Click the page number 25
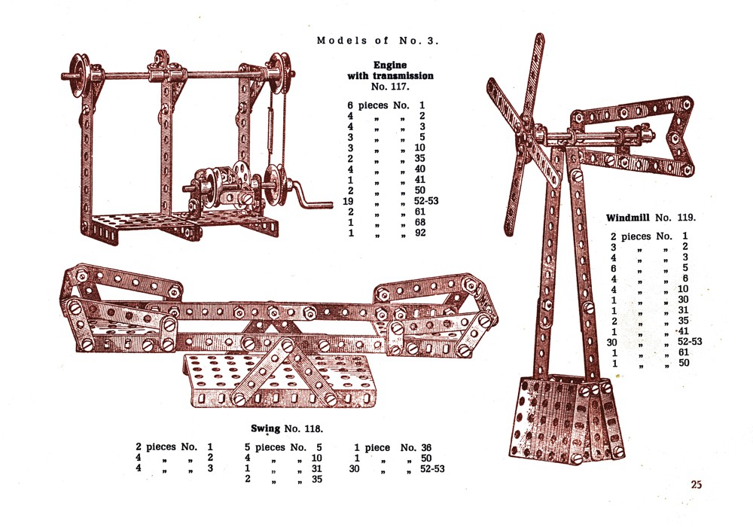tap(697, 484)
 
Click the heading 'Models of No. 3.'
tap(377, 41)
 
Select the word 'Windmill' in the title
tap(628, 218)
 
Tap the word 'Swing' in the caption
tap(266, 428)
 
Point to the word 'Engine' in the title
tap(390, 65)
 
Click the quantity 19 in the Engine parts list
tap(348, 201)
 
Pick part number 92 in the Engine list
tap(420, 233)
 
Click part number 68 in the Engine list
tap(420, 222)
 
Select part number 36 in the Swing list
tap(426, 447)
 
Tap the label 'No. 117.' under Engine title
tap(390, 87)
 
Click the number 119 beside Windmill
tap(686, 218)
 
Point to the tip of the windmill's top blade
tap(540, 35)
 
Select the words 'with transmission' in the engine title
tap(390, 76)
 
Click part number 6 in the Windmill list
tap(684, 279)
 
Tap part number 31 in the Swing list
tap(316, 468)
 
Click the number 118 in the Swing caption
tap(313, 428)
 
